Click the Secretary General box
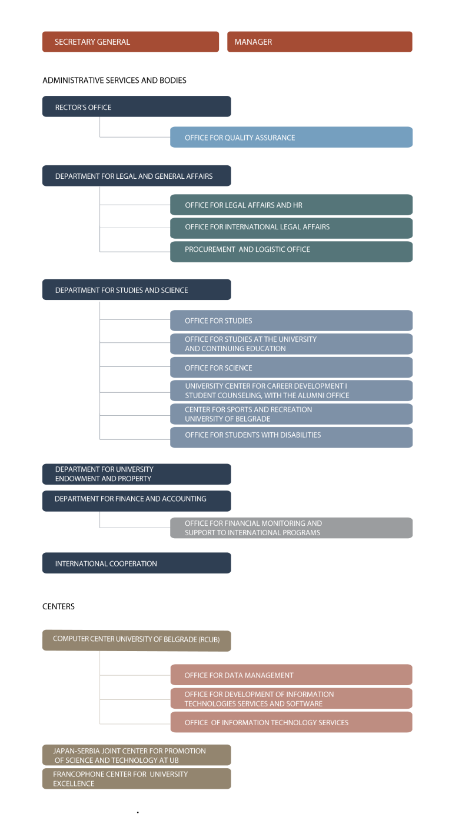pyautogui.click(x=131, y=42)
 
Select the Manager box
pyautogui.click(x=320, y=42)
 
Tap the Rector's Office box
pyautogui.click(x=137, y=106)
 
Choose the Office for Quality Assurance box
pyautogui.click(x=291, y=137)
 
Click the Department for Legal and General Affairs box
pyautogui.click(x=137, y=176)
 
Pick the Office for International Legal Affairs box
pyautogui.click(x=291, y=228)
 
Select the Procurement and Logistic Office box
pyautogui.click(x=291, y=252)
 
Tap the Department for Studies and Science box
pyautogui.click(x=137, y=290)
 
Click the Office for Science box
pyautogui.click(x=291, y=368)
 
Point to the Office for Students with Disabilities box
pyautogui.click(x=291, y=438)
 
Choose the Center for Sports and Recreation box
pyautogui.click(x=291, y=414)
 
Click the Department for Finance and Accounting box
pyautogui.click(x=137, y=501)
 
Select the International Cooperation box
pyautogui.click(x=137, y=563)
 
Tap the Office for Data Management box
pyautogui.click(x=291, y=675)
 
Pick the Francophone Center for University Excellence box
pyautogui.click(x=137, y=779)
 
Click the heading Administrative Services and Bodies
pyautogui.click(x=114, y=81)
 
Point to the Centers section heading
pyautogui.click(x=58, y=606)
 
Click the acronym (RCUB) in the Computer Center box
pyautogui.click(x=209, y=639)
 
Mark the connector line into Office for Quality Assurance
pyautogui.click(x=135, y=137)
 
